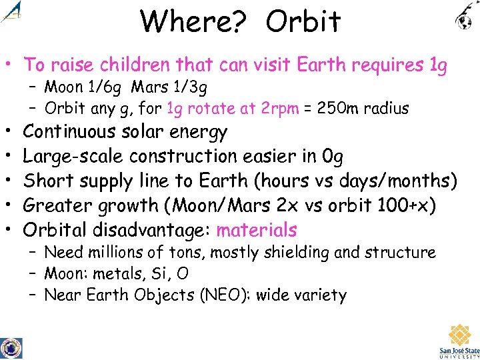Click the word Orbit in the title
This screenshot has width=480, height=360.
303,21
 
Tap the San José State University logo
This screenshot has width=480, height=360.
459,341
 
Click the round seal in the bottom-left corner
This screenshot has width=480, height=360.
11,348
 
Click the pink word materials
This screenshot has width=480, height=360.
257,230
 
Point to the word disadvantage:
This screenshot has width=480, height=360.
151,230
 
